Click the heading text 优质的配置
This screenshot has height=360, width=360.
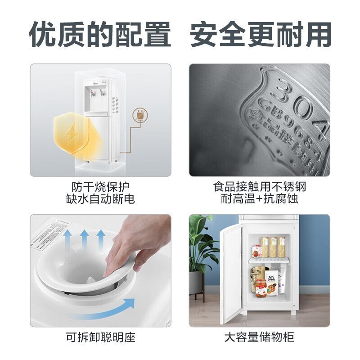[100, 34]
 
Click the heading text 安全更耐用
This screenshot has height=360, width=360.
[261, 34]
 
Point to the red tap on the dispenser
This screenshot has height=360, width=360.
[92, 94]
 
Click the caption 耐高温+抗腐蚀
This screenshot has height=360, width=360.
[260, 199]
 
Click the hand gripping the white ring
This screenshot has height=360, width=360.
[135, 241]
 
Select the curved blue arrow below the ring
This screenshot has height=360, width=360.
[108, 310]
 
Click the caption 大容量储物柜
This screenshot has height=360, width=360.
[260, 337]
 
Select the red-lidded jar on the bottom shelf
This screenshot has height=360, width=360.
[261, 288]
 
